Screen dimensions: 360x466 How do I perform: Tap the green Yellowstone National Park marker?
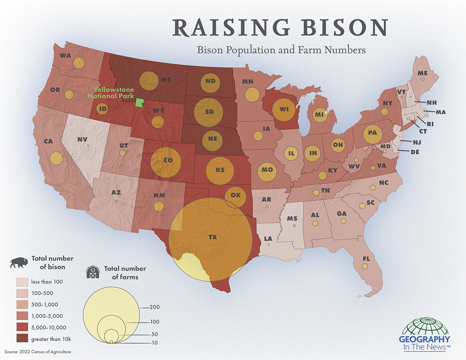coord(139,103)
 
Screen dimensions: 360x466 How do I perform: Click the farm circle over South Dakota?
coord(209,112)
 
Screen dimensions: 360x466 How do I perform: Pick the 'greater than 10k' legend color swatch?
coord(22,339)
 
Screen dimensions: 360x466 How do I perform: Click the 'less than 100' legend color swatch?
coord(22,282)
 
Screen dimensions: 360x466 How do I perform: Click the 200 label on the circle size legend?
coord(154,307)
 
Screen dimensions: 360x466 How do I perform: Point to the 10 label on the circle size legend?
coord(154,343)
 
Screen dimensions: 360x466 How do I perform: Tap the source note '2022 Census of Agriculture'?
coord(38,351)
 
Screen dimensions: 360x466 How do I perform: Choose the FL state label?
coord(366,259)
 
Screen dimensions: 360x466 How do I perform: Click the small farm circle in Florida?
coord(365,266)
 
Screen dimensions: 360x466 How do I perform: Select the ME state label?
coord(422,74)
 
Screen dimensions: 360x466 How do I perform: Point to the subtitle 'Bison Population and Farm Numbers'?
coord(281,50)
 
